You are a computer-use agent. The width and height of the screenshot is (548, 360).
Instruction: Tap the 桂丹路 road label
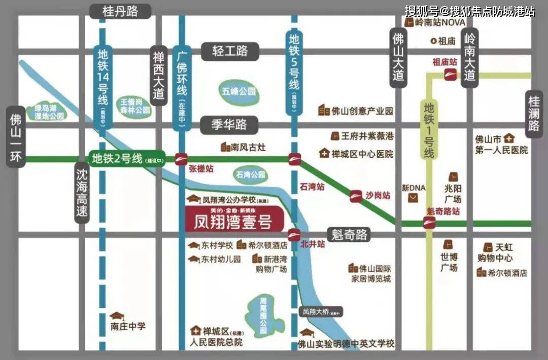[120, 12]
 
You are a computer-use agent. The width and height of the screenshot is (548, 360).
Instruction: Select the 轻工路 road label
[230, 51]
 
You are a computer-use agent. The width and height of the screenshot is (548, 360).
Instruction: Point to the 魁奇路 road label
[349, 235]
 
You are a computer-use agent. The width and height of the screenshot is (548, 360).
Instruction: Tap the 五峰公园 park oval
[238, 92]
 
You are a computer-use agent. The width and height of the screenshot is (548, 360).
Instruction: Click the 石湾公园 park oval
[251, 174]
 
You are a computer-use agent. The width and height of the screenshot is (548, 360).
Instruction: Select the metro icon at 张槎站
[181, 159]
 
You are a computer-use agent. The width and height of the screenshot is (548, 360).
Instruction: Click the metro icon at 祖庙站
[450, 75]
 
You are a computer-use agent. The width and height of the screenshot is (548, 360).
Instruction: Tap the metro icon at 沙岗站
[356, 196]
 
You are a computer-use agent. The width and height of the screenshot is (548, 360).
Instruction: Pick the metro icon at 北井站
[294, 235]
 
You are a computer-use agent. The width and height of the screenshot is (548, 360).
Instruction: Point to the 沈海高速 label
[82, 193]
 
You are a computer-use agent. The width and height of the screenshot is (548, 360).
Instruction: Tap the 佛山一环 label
[15, 137]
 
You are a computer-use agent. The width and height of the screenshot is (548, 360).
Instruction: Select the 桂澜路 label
[533, 116]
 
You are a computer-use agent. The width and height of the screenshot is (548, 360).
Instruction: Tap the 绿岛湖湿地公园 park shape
[49, 112]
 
